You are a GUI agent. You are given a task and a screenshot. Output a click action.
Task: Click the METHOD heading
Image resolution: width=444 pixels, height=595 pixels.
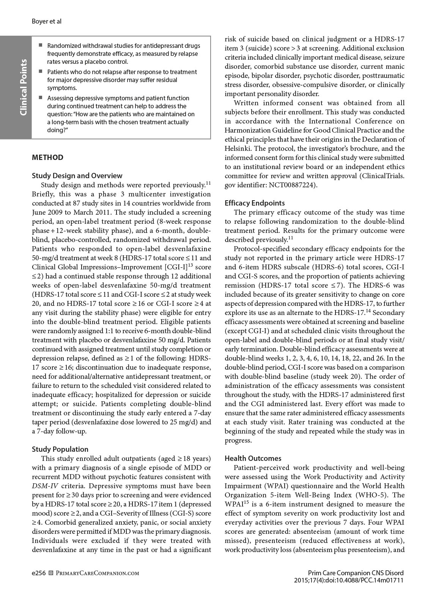[x=47, y=157]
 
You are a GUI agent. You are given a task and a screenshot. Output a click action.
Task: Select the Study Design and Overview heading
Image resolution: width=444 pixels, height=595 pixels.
[x=77, y=176]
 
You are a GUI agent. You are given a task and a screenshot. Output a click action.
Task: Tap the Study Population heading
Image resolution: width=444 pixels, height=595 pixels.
[x=60, y=449]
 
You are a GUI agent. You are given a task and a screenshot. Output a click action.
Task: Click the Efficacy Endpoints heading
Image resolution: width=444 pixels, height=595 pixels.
[x=255, y=203]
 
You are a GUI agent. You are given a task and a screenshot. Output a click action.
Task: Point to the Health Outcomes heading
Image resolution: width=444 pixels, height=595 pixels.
[x=253, y=458]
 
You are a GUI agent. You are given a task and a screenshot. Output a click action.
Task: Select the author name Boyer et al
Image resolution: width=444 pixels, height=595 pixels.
[x=46, y=22]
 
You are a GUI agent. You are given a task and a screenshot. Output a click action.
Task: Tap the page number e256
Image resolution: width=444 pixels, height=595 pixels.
[x=39, y=573]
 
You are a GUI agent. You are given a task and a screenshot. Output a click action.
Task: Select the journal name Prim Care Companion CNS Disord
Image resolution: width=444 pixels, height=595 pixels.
[x=356, y=573]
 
